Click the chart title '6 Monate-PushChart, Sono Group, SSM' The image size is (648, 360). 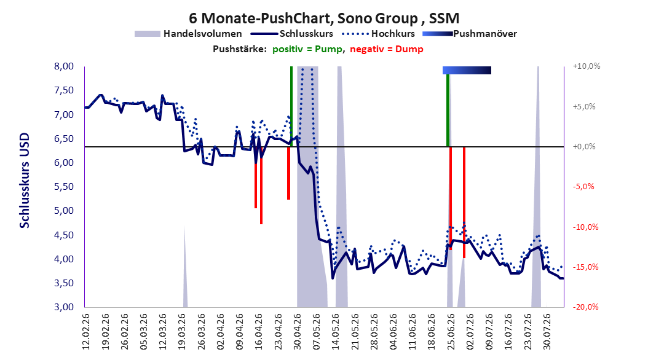324,18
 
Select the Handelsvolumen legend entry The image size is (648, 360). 188,34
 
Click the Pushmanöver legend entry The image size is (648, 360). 470,34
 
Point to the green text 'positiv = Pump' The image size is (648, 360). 307,49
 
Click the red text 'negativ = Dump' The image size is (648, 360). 387,49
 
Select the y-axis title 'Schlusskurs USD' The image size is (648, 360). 25,180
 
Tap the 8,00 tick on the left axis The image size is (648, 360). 64,66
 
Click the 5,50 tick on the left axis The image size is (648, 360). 64,187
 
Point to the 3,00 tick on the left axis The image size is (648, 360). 64,307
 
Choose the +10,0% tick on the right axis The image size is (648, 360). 587,66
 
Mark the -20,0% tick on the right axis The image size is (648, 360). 585,307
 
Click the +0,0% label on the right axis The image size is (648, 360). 584,147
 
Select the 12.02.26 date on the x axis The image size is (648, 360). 86,332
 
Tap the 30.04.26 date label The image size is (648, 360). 298,332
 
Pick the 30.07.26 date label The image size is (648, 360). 548,332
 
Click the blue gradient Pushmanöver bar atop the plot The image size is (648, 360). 467,70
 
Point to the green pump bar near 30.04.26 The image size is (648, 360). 291,106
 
